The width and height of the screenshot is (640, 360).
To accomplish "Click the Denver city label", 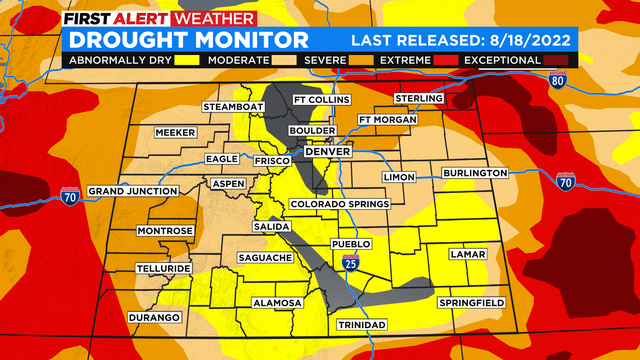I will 322,151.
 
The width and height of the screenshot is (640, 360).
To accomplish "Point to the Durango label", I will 154,317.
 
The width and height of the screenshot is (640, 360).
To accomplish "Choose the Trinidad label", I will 361,325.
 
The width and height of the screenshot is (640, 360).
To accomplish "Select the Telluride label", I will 164,269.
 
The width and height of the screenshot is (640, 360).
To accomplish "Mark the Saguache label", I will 264,258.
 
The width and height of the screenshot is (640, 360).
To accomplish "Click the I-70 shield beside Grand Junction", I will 69,194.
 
